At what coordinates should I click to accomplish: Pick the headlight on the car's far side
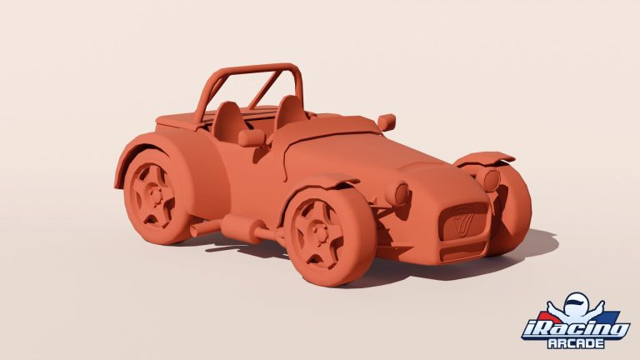pyautogui.click(x=492, y=179)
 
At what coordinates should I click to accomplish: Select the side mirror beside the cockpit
pyautogui.click(x=250, y=137)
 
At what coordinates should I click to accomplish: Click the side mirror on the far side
pyautogui.click(x=386, y=122)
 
